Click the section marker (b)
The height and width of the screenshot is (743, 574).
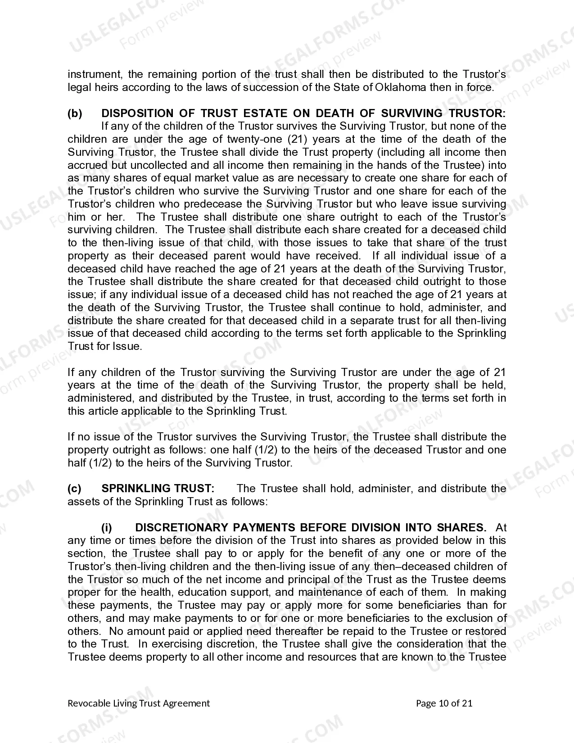tap(75, 113)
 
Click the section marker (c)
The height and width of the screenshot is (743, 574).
tap(75, 489)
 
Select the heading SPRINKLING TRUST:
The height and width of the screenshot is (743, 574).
tap(158, 489)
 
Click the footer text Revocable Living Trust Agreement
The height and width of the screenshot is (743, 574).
tap(139, 703)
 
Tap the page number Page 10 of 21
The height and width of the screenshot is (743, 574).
tap(444, 703)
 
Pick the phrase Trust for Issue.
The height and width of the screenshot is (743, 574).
tap(104, 347)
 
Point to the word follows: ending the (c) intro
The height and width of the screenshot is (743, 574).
tap(249, 502)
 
